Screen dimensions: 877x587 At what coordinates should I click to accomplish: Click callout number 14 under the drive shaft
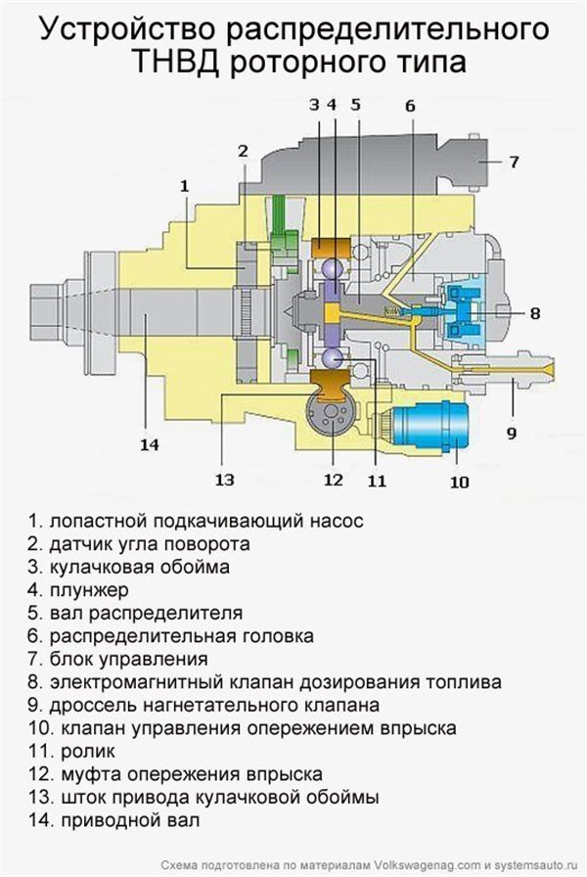(x=149, y=444)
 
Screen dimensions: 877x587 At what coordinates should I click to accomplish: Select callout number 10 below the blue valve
(x=459, y=481)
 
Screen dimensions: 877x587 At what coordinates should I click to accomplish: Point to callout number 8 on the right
(x=535, y=313)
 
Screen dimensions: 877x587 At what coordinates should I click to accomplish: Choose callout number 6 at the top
(x=410, y=105)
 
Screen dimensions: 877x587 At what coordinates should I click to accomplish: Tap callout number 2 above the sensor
(x=243, y=150)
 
